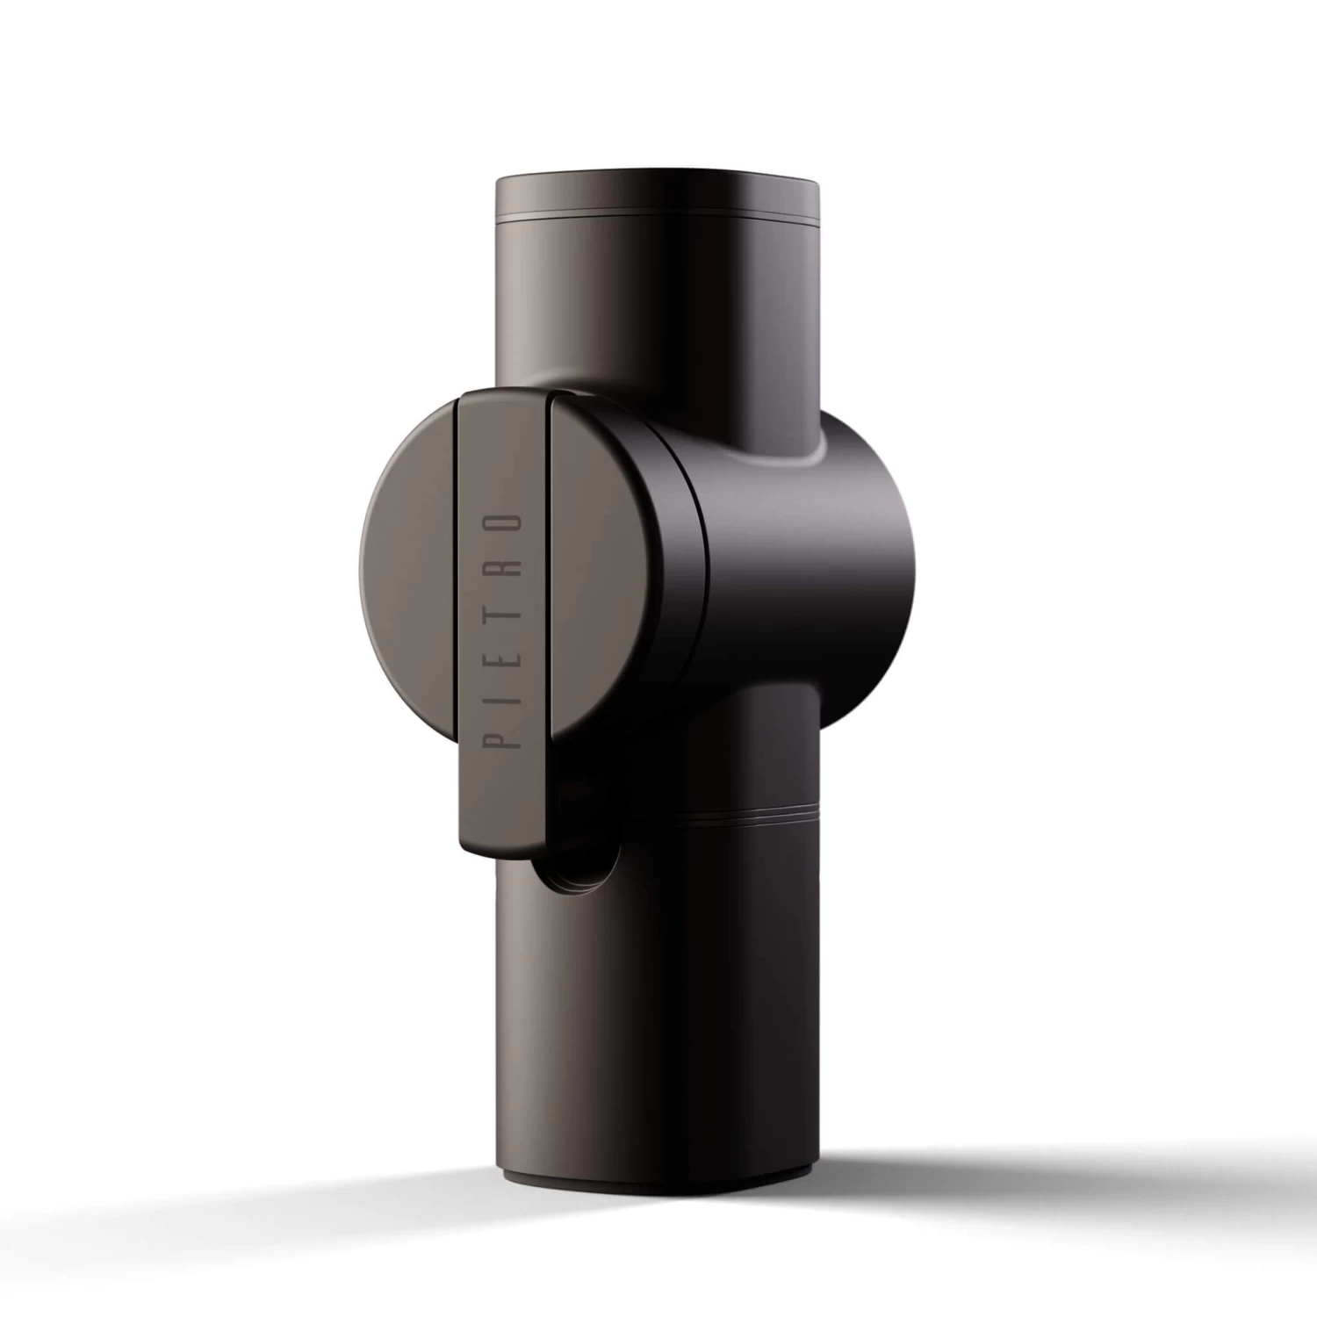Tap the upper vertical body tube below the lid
tap(658, 307)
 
